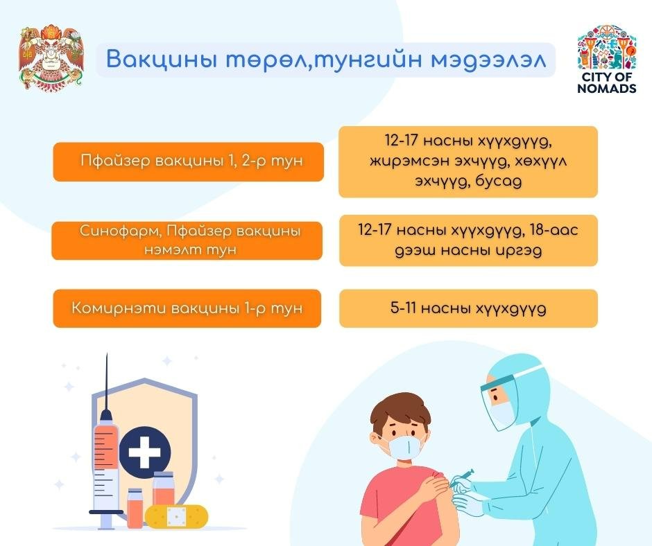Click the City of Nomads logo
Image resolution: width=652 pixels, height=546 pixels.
point(607,59)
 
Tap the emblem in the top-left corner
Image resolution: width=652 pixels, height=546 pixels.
point(51,58)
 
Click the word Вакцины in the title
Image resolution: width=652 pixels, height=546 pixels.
point(162,59)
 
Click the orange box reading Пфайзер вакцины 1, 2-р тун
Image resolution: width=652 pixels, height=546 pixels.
point(189,161)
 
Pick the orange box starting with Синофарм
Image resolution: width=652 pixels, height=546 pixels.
point(187,240)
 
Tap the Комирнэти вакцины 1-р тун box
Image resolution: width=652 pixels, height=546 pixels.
point(187,308)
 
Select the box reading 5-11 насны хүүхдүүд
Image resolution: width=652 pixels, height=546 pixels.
point(468,308)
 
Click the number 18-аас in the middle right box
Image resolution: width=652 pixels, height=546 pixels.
point(554,230)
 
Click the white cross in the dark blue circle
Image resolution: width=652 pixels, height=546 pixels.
point(145,452)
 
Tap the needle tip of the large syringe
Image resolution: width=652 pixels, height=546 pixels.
point(107,354)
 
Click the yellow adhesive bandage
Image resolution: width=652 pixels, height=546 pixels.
point(176,516)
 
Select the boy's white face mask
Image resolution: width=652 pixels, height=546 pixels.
point(406,446)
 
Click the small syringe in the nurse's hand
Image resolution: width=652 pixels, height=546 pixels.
point(463,477)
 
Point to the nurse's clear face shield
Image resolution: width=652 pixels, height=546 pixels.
point(499,403)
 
